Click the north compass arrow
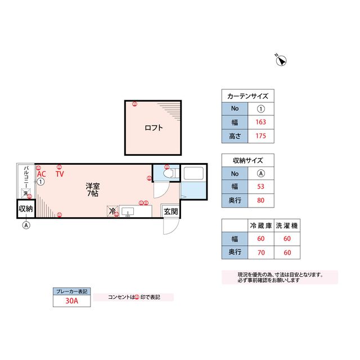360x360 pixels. [x=281, y=60]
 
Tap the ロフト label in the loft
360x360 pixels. [x=154, y=128]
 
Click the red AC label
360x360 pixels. [x=42, y=174]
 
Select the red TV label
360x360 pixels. [x=60, y=174]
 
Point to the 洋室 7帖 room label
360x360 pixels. [x=93, y=190]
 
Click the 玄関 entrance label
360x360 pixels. [x=170, y=211]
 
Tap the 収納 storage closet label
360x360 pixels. [x=26, y=209]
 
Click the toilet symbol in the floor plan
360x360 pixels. [x=171, y=173]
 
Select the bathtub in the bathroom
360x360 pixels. [x=193, y=173]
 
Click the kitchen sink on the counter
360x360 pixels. [x=128, y=211]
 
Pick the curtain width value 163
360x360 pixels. [x=261, y=122]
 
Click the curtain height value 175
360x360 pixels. [x=261, y=136]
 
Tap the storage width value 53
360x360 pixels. [x=261, y=186]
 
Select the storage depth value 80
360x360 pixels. [x=261, y=200]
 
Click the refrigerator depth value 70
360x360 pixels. [x=261, y=253]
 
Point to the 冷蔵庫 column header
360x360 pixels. [x=261, y=226]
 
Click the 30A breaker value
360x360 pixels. [x=71, y=301]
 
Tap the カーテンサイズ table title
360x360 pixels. [x=247, y=96]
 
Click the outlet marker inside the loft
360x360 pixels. [x=135, y=104]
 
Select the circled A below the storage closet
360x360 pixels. [x=26, y=225]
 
